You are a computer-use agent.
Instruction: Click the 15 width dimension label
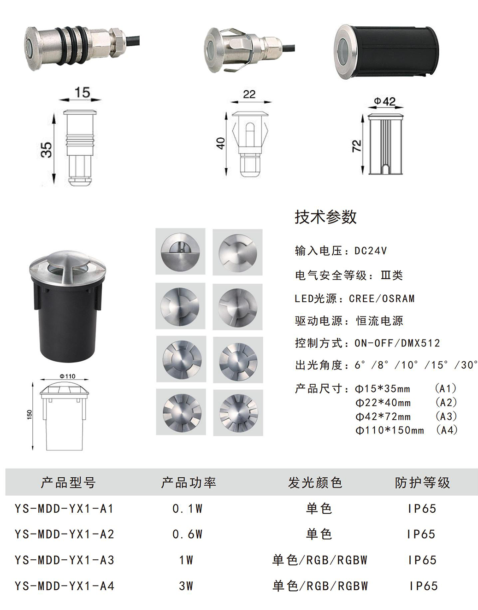coord(83,92)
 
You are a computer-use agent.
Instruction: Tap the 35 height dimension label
coord(47,150)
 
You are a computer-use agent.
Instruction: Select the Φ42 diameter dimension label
coord(385,101)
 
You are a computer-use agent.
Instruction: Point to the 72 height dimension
coord(357,146)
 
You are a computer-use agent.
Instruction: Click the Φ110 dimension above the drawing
coord(67,376)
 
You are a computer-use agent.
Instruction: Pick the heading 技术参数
coord(325,217)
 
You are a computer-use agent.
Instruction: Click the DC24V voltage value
coord(371,251)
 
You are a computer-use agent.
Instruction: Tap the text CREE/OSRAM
coord(382,299)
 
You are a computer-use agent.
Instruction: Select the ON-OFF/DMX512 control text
coord(397,343)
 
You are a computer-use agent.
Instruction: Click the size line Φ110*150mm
coord(389,430)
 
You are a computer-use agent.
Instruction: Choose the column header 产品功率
coord(189,482)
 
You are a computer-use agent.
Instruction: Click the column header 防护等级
coord(422,482)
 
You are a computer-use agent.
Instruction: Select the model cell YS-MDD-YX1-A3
coord(65,560)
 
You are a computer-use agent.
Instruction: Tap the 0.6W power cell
coord(187,534)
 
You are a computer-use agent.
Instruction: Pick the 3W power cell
coord(186,586)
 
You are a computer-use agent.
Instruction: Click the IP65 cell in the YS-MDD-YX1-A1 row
coord(422,508)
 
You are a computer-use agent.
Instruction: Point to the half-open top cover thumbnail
coord(180,251)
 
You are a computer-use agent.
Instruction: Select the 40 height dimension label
coord(221,143)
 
